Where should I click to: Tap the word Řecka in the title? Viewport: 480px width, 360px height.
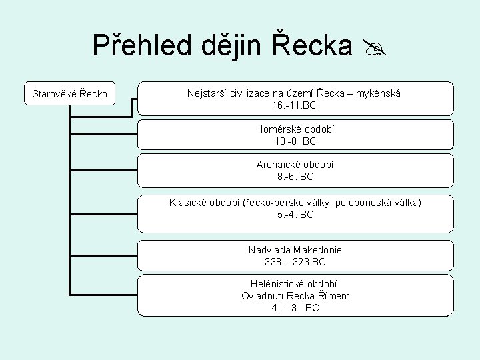[312, 45]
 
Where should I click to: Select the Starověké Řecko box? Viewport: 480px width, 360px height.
[69, 93]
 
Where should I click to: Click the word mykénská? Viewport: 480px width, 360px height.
[378, 93]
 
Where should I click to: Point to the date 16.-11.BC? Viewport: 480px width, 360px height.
[295, 105]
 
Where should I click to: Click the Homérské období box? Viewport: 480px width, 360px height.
[295, 135]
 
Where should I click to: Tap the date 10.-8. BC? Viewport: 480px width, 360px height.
[295, 141]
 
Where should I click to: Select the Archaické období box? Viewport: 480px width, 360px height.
[295, 171]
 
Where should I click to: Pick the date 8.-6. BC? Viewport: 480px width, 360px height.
[295, 177]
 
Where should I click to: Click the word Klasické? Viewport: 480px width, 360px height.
[189, 202]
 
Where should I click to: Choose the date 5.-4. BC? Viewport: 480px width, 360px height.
[295, 215]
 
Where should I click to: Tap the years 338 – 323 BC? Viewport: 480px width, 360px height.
[295, 262]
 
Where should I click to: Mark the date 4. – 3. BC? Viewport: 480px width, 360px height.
[295, 308]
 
